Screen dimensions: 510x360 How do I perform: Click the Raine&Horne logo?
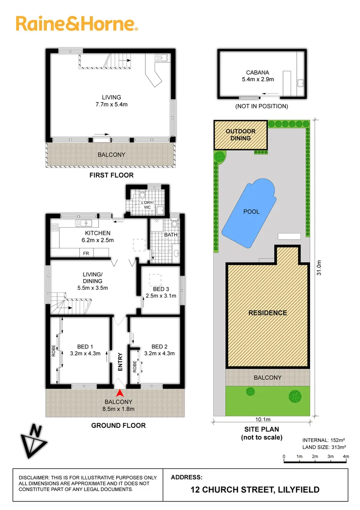pos(76,24)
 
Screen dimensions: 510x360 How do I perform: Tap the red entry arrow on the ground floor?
pos(120,392)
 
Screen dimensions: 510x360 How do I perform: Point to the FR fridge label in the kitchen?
pos(86,253)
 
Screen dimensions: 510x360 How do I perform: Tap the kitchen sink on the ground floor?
pos(86,222)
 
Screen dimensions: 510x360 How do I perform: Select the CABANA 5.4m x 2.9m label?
pos(258,76)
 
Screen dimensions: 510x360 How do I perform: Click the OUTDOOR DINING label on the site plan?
pos(241,135)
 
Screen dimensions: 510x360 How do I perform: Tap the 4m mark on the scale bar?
pos(345,456)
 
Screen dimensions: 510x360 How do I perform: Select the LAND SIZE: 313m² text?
pos(324,447)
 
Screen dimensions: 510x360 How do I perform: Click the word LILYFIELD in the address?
pos(297,490)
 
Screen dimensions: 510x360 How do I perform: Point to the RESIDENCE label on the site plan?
pos(268,313)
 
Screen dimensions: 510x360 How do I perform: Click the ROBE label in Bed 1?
pos(53,350)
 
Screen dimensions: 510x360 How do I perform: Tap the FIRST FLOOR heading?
pos(111,175)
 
